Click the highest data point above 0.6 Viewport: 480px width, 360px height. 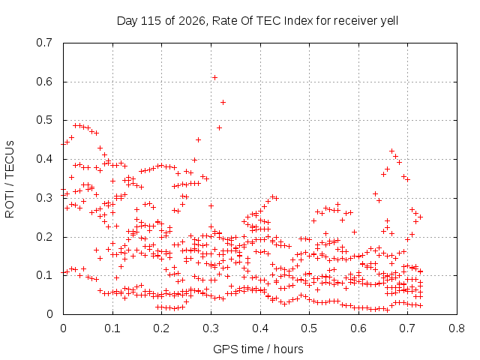click(215, 78)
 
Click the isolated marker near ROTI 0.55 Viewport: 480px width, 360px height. click(223, 102)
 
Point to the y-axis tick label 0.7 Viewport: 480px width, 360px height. click(44, 43)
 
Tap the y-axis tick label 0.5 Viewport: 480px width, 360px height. click(44, 120)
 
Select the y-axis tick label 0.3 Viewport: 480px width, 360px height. click(44, 198)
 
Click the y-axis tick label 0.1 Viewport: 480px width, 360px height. click(44, 275)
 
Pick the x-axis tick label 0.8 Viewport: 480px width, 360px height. click(457, 328)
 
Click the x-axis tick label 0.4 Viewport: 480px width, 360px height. click(260, 328)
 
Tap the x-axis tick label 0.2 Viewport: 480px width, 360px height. click(162, 328)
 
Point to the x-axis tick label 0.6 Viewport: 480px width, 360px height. click(358, 328)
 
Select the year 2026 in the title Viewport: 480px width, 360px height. click(192, 21)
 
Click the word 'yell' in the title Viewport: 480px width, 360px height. click(389, 22)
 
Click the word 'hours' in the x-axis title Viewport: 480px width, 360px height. click(288, 349)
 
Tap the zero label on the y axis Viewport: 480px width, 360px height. click(49, 314)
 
